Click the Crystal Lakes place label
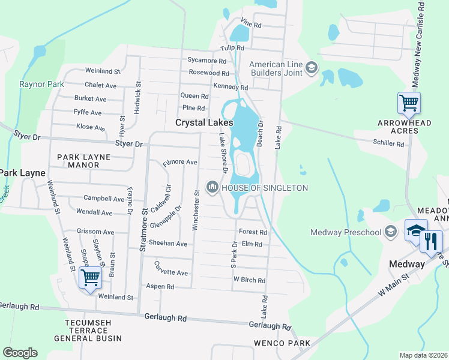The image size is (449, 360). click(x=203, y=122)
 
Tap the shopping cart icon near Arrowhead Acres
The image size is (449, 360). click(x=409, y=103)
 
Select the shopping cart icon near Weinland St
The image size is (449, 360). click(x=89, y=278)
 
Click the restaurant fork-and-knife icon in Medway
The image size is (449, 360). click(x=430, y=241)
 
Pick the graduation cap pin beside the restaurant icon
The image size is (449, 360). click(x=415, y=231)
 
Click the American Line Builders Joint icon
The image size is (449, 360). click(x=312, y=68)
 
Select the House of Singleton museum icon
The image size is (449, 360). click(x=212, y=188)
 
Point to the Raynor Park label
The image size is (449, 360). click(x=41, y=85)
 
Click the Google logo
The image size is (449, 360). click(x=20, y=353)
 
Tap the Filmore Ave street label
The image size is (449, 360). click(x=180, y=162)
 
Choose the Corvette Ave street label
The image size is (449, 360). click(x=171, y=272)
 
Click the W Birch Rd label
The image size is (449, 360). click(x=249, y=280)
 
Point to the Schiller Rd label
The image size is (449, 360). click(x=388, y=143)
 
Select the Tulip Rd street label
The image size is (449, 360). click(x=232, y=48)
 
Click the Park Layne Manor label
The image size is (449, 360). click(x=83, y=161)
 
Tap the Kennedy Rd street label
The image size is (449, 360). click(x=231, y=87)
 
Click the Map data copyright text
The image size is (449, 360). click(x=423, y=355)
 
